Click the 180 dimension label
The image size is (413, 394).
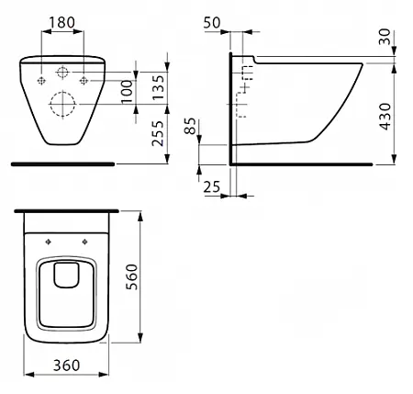click(61, 22)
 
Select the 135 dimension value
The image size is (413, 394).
click(159, 87)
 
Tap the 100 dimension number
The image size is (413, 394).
click(128, 92)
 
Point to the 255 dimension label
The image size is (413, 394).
click(158, 133)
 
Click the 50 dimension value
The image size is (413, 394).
click(212, 23)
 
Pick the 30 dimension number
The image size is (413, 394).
click(385, 37)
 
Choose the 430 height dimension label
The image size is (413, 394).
click(385, 117)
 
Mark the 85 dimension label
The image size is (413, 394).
click(190, 126)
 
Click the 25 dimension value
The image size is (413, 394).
click(212, 186)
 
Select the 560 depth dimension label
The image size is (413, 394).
click(132, 276)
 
